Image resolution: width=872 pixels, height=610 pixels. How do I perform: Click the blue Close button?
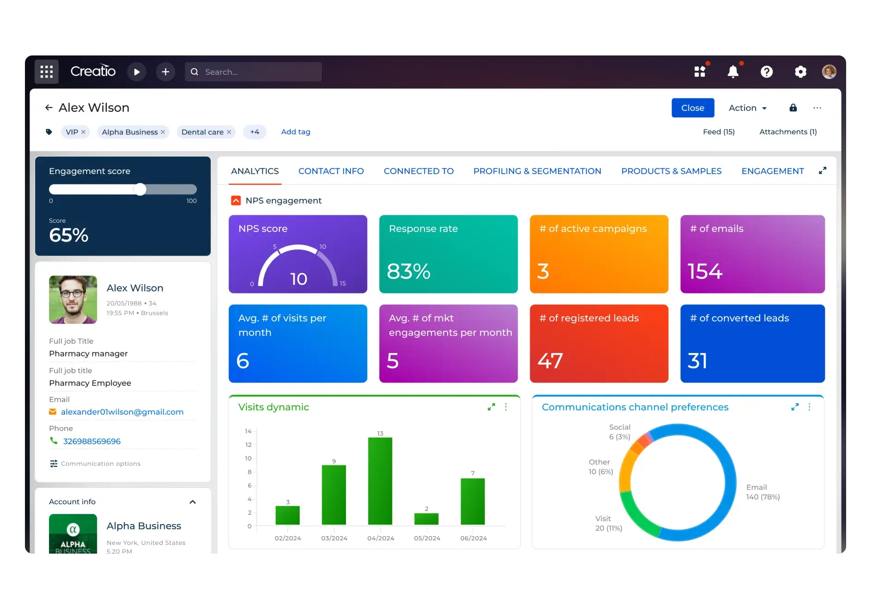click(x=692, y=108)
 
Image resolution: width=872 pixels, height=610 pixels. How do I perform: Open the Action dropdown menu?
click(x=747, y=108)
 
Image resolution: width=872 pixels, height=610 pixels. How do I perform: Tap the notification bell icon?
click(x=733, y=72)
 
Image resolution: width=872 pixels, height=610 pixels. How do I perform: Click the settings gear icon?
click(x=800, y=72)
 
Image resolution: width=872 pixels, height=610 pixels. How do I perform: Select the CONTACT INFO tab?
click(x=331, y=171)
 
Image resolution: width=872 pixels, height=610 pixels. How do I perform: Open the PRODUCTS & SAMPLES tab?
click(x=671, y=171)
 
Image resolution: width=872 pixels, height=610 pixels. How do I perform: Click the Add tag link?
click(x=296, y=132)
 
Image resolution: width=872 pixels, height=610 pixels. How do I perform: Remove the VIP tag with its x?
click(x=84, y=132)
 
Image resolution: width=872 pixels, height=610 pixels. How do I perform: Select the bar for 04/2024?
click(x=380, y=481)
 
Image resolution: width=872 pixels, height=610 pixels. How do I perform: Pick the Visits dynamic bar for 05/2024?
click(x=426, y=518)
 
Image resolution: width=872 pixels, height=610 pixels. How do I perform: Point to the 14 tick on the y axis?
click(x=248, y=431)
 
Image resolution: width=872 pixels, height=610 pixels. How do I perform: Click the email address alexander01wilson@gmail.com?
click(x=122, y=412)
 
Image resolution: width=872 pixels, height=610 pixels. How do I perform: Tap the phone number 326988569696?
click(x=91, y=441)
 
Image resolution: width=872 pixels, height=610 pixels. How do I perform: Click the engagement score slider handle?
click(x=140, y=189)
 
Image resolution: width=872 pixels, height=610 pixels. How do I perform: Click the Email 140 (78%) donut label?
click(x=763, y=492)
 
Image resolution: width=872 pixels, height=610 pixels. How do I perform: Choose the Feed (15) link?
click(x=719, y=132)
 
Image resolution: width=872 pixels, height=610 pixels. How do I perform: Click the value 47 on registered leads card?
click(x=550, y=360)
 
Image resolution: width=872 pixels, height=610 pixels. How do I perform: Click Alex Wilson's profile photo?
click(x=73, y=299)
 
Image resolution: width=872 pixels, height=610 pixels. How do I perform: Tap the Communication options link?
click(x=100, y=464)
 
